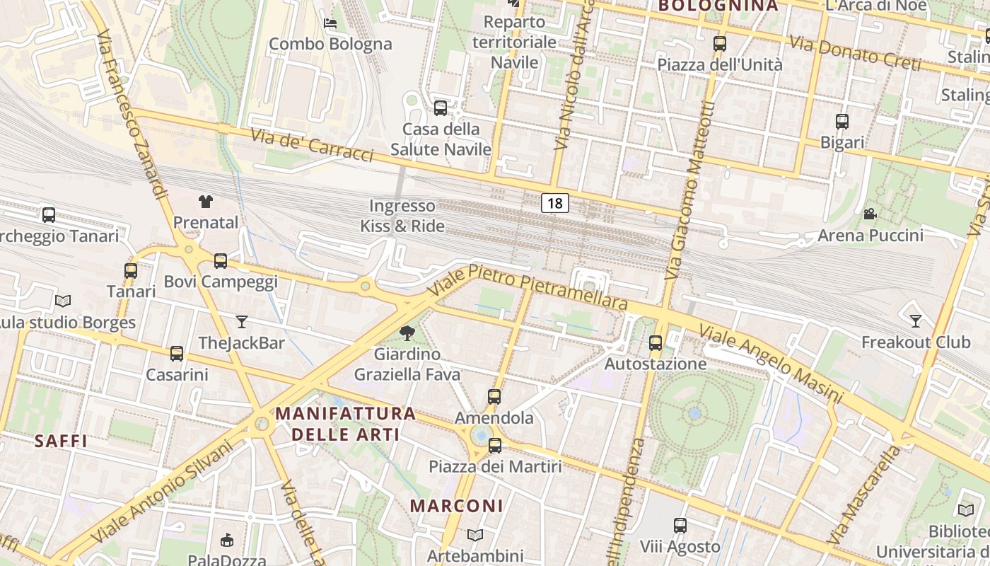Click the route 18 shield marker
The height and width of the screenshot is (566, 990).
click(x=555, y=204)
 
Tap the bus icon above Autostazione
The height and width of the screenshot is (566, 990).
click(x=656, y=343)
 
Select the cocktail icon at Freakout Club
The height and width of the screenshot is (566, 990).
click(x=916, y=321)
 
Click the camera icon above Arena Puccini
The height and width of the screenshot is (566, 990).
click(x=870, y=214)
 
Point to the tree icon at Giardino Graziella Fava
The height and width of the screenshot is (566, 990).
click(x=407, y=333)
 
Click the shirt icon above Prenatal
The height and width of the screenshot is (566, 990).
click(x=206, y=202)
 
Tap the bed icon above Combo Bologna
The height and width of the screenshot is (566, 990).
click(x=330, y=23)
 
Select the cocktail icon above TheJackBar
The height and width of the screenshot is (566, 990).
click(x=242, y=322)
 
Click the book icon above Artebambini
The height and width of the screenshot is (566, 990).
click(x=475, y=535)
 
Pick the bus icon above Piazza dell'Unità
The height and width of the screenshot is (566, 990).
click(x=720, y=44)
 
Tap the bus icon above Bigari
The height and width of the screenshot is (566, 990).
click(x=842, y=122)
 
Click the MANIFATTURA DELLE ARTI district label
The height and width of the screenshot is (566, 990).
click(x=345, y=423)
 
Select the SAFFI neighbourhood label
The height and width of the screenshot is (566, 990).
click(x=61, y=441)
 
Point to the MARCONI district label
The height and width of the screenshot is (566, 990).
click(x=457, y=506)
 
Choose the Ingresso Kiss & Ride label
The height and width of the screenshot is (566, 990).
click(x=402, y=216)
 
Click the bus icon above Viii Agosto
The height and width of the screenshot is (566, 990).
click(x=680, y=526)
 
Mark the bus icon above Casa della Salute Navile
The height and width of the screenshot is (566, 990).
click(x=441, y=108)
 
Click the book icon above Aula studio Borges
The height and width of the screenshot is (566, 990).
click(x=63, y=301)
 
